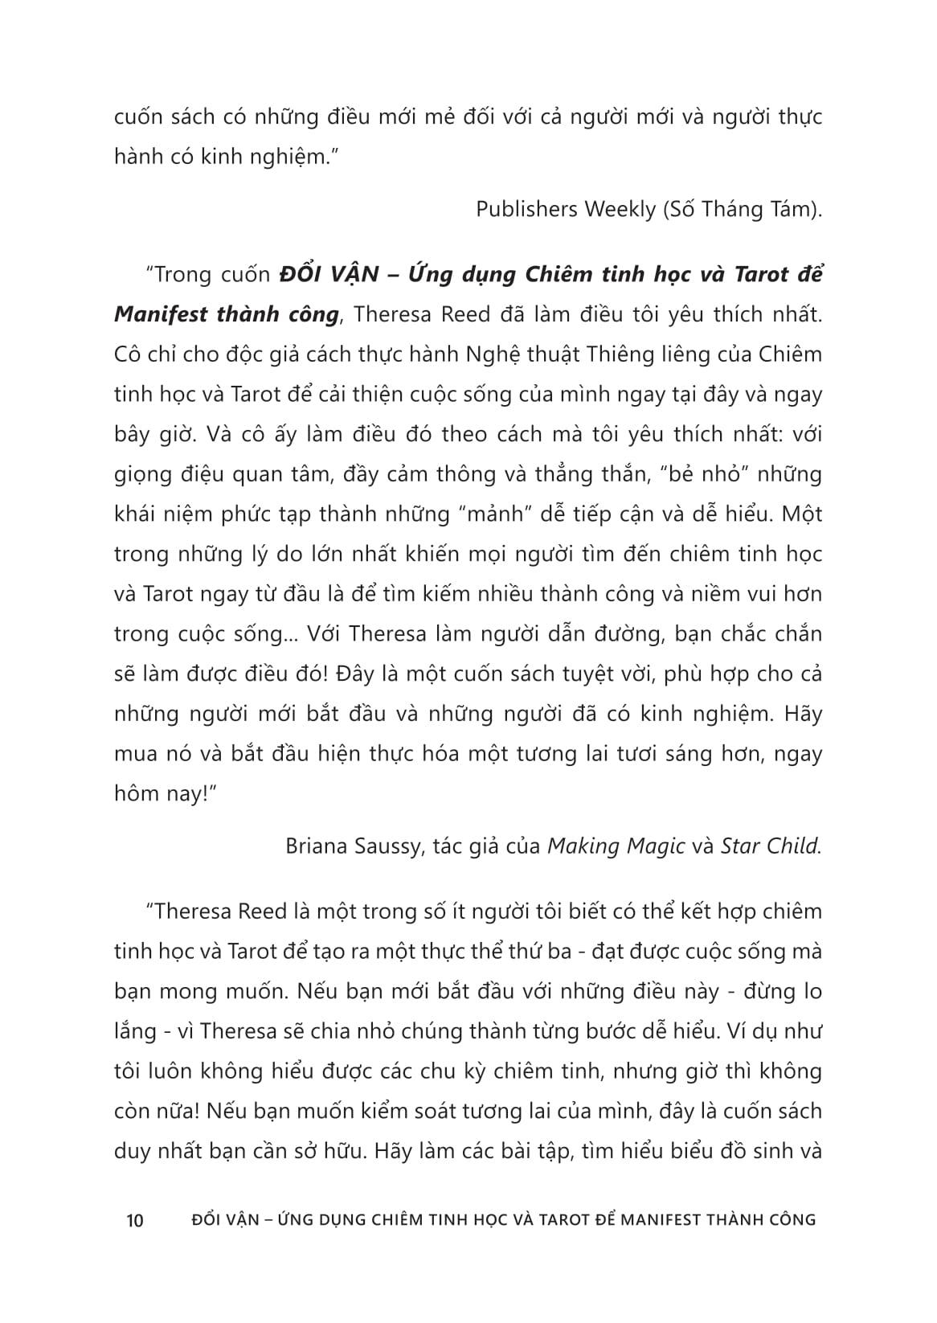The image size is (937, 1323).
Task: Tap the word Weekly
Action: click(620, 210)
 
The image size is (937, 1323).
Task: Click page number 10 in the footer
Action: click(135, 1220)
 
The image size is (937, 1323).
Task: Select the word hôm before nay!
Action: click(135, 794)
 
